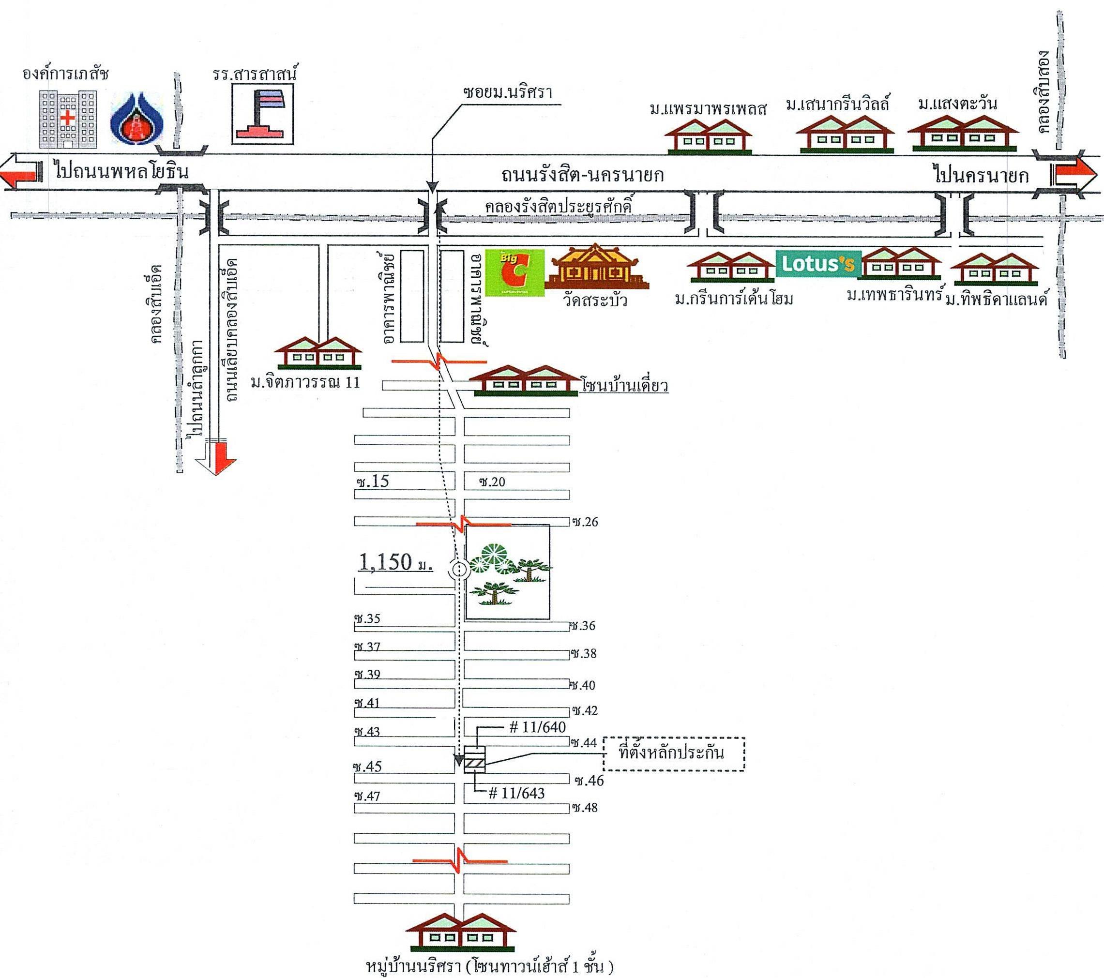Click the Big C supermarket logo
coord(514,273)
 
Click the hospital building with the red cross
coord(67,120)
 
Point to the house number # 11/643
coord(516,793)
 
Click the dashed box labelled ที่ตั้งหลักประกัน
coord(674,753)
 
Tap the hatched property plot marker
coord(475,764)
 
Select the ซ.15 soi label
coord(373,481)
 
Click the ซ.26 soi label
coord(586,522)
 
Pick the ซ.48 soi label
coord(586,823)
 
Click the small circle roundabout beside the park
coord(459,569)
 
